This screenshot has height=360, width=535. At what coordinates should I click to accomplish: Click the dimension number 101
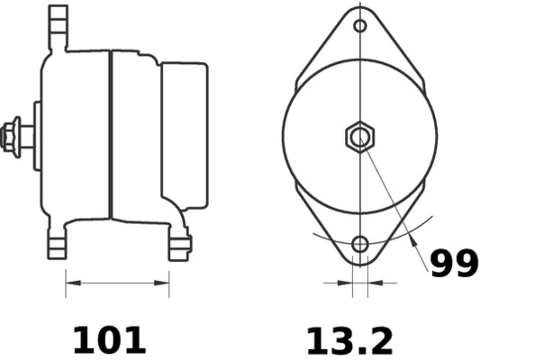[108, 339]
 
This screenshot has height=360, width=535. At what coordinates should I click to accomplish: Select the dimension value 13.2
[349, 340]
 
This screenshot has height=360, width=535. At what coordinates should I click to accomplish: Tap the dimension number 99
[453, 264]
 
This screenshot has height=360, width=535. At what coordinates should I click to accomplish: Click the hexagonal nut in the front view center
[360, 138]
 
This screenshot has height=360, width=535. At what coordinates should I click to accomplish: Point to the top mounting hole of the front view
[360, 26]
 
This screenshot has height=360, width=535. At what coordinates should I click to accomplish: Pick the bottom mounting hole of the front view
[360, 244]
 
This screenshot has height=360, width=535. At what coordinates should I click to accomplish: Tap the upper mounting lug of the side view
[59, 27]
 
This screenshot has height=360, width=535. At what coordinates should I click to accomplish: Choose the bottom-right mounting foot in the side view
[180, 245]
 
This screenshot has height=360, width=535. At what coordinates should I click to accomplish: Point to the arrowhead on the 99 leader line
[413, 240]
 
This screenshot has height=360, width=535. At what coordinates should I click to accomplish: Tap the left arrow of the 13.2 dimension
[348, 283]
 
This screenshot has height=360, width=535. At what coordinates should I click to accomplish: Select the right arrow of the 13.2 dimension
[373, 283]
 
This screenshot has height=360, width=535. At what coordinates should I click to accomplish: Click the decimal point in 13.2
[360, 351]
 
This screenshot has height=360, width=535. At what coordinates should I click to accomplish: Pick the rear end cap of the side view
[185, 135]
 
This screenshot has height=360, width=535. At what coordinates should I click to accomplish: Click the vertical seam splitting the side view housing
[111, 135]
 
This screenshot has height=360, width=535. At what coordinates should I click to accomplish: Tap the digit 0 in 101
[108, 339]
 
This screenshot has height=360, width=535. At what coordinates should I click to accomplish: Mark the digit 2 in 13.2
[380, 340]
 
